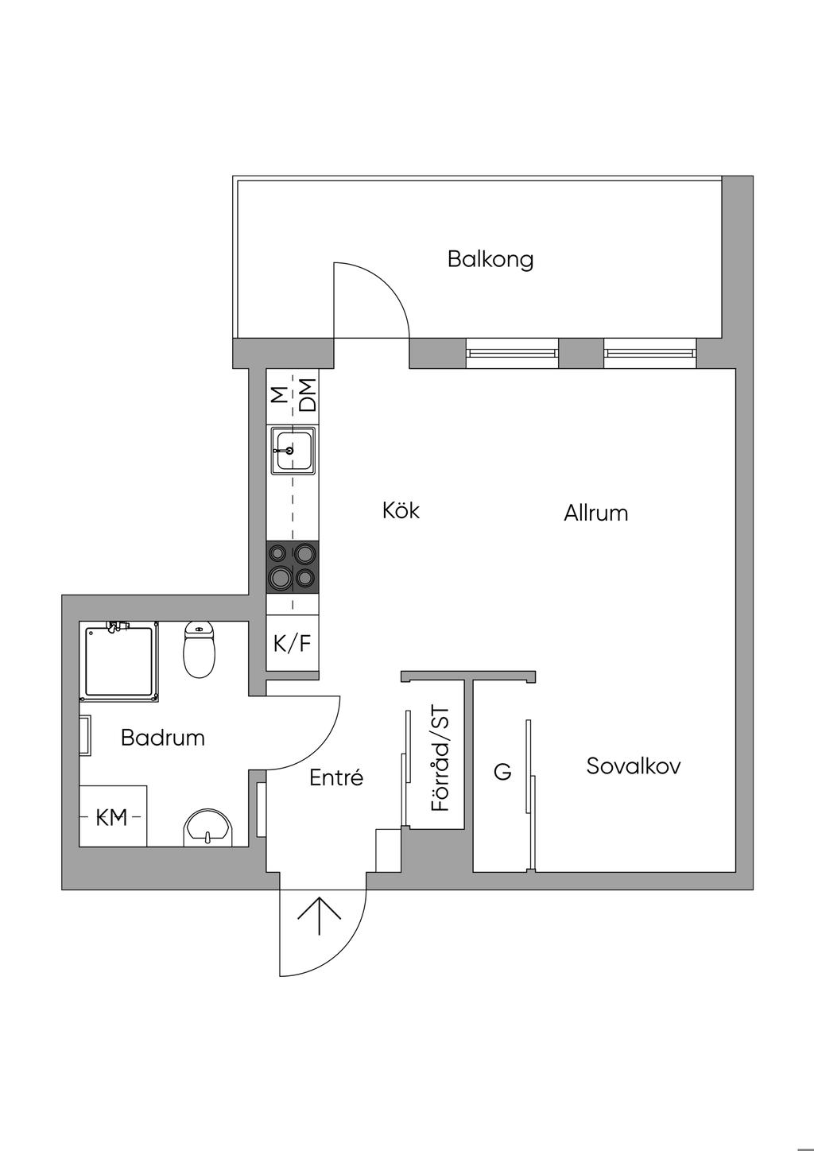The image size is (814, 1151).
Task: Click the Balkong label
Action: (490, 259)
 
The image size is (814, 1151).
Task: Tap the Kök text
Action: (401, 510)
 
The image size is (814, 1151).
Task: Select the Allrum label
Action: (595, 513)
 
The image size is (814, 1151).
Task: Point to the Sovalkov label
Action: (634, 766)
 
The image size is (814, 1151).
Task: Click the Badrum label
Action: (162, 738)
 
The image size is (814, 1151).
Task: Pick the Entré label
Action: (336, 777)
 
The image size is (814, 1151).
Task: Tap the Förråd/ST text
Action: (440, 758)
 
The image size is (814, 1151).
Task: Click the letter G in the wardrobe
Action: (503, 771)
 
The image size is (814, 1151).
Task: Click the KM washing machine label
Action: (112, 817)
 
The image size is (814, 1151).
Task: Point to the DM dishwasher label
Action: (307, 395)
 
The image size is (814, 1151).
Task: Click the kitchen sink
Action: (293, 451)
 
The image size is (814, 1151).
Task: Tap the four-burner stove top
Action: (293, 567)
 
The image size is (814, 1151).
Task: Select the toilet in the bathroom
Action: (199, 649)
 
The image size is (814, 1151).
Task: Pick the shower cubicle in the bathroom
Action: (119, 663)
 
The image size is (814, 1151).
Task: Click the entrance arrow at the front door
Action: (320, 918)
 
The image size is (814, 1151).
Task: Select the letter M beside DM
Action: (278, 395)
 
